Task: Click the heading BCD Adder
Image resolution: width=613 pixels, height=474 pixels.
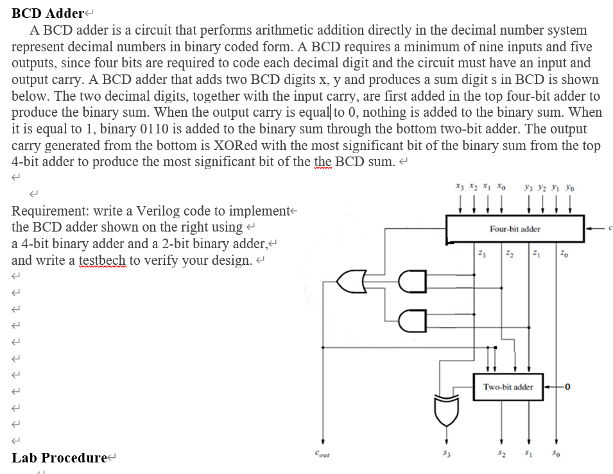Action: click(48, 13)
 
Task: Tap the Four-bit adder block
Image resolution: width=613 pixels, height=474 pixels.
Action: click(515, 228)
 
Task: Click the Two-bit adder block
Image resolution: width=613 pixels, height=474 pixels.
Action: click(508, 387)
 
